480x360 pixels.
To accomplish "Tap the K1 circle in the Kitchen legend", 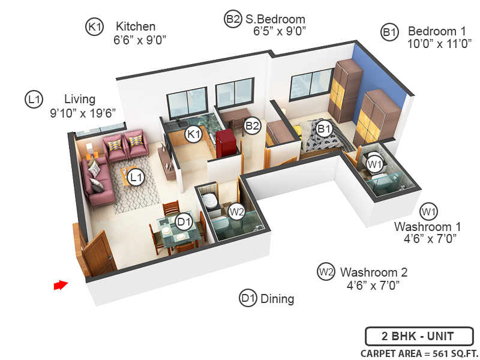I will point(95,26).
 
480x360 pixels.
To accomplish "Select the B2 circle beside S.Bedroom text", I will point(233,19).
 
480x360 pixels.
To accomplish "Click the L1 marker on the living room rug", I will point(136,177).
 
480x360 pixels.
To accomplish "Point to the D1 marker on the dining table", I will point(184,222).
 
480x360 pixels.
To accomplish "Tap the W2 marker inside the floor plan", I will point(236,211).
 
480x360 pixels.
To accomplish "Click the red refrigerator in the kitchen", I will point(228,145).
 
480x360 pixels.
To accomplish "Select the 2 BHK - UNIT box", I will point(419,336).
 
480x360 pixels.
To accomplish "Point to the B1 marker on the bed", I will point(325,128).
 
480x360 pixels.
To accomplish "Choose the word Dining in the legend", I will point(277,298).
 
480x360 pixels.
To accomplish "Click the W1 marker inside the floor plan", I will point(375,163).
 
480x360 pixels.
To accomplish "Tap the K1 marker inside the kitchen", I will point(193,134).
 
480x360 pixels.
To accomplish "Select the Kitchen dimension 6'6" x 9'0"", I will point(139,40).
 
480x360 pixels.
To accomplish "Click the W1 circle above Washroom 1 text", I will point(428,211).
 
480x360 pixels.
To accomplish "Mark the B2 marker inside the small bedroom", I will point(253,126).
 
